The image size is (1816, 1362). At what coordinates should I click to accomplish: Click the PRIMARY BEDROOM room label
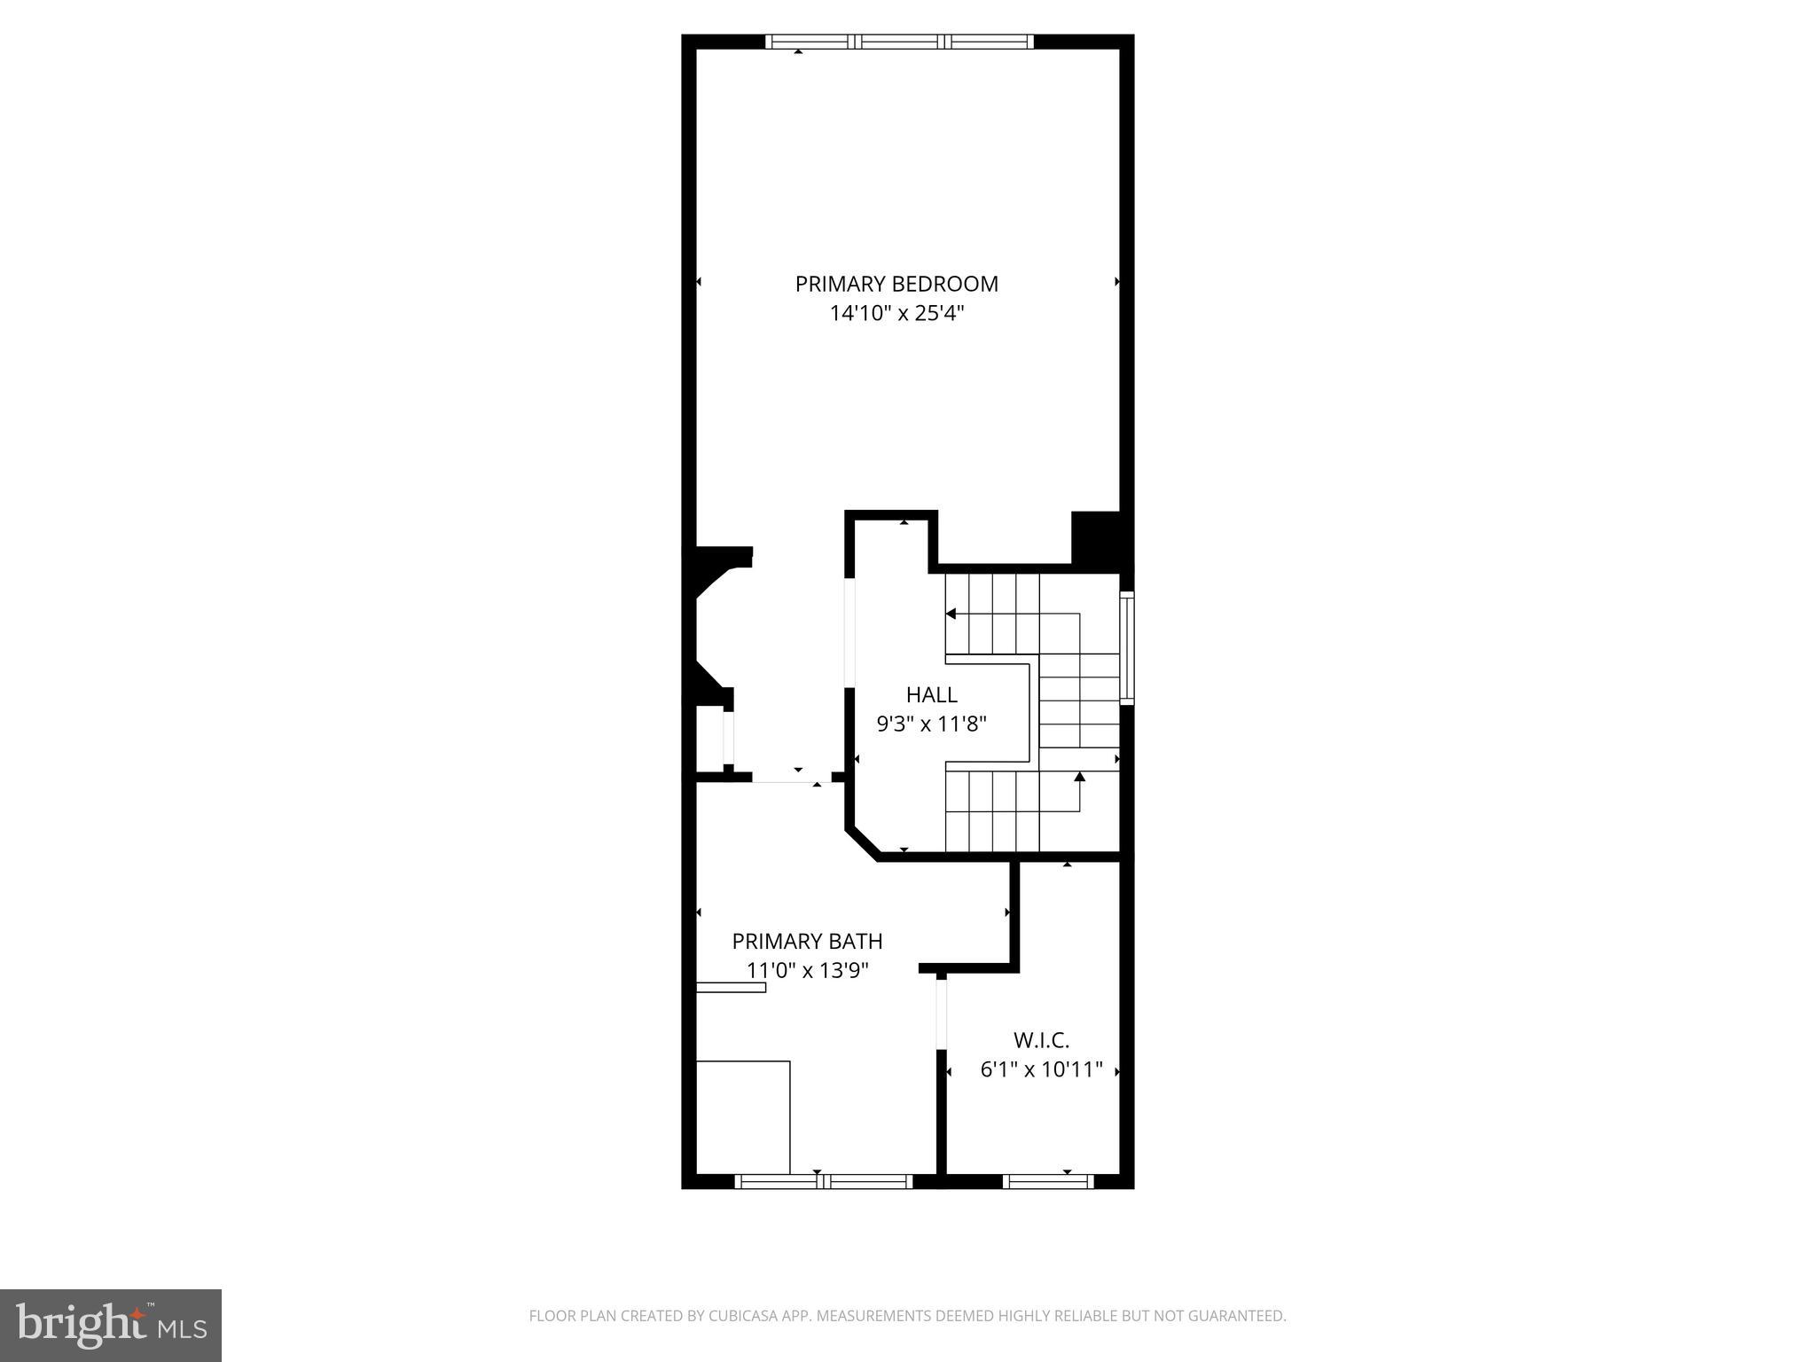(x=896, y=284)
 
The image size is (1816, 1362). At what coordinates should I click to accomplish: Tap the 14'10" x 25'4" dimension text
(x=896, y=313)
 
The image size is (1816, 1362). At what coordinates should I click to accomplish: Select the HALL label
(x=931, y=694)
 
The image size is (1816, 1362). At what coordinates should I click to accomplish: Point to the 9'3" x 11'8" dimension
(x=931, y=724)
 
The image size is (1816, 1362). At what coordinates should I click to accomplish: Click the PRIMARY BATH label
(x=807, y=941)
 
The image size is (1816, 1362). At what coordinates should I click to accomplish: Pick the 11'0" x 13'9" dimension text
(x=807, y=970)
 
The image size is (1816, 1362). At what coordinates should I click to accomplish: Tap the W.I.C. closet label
(x=1041, y=1040)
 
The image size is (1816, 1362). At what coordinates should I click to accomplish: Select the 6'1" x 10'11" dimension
(x=1041, y=1069)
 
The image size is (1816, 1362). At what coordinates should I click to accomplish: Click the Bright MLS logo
(x=111, y=1326)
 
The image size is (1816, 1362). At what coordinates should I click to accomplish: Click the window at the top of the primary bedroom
(x=899, y=41)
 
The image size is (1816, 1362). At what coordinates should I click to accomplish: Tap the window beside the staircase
(x=1127, y=647)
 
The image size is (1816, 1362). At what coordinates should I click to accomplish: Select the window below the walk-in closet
(x=1048, y=1181)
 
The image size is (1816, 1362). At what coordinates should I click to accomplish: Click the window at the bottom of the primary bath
(x=824, y=1181)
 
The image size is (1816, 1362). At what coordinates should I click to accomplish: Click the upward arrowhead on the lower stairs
(x=1079, y=778)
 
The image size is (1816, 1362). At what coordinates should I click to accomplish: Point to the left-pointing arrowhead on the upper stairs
(x=951, y=614)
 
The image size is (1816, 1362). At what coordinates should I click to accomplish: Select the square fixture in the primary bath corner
(x=743, y=1117)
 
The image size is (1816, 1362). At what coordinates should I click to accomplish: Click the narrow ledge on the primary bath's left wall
(x=731, y=987)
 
